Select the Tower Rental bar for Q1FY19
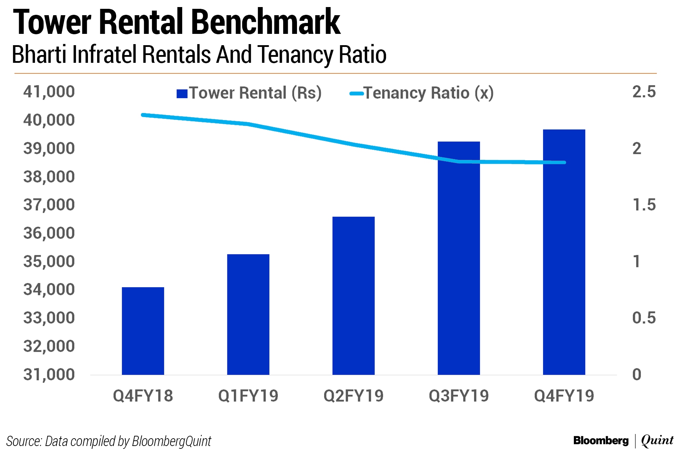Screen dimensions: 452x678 tap(248, 314)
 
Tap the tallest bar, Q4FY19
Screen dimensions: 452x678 tap(564, 252)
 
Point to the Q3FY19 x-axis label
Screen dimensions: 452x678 tap(458, 396)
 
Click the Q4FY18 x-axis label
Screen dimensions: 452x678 tap(143, 396)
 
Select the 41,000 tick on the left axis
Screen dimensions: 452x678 tap(49, 92)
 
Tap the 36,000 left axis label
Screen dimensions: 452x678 tap(49, 233)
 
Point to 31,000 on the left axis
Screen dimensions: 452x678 tap(49, 375)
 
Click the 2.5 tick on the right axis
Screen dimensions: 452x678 tap(643, 92)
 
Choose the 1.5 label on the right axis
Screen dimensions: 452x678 tap(643, 205)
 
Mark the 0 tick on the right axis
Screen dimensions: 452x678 tap(636, 375)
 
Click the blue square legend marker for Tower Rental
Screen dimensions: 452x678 tap(182, 94)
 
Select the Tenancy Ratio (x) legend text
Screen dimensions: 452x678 tap(428, 93)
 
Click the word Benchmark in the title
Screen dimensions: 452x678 tap(266, 23)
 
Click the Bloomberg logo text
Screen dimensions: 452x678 tap(601, 441)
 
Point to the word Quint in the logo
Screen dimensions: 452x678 tap(657, 440)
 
